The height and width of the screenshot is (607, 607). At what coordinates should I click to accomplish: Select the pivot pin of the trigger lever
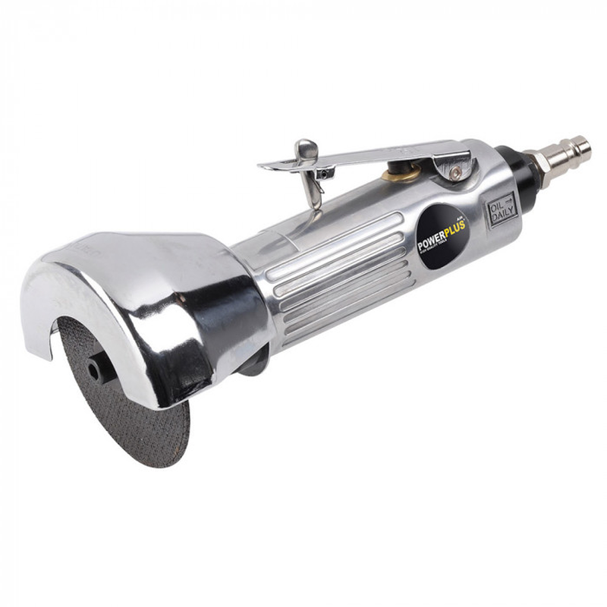pyautogui.click(x=455, y=173)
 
